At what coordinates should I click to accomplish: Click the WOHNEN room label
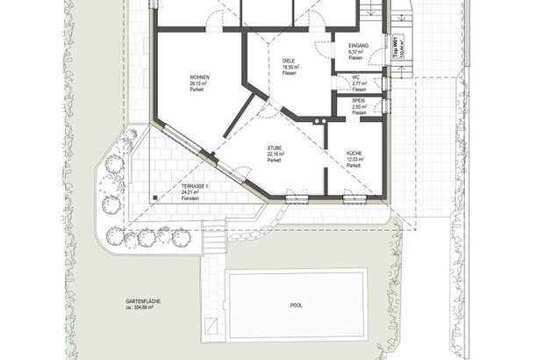coord(199,77)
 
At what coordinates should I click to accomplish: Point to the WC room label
coord(357,76)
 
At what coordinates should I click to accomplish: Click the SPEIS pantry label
coord(359,101)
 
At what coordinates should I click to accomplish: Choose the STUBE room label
coord(276,148)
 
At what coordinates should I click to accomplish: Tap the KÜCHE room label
coord(354,153)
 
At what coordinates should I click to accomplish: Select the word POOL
coord(296,306)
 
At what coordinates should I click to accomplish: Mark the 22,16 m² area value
coord(276,154)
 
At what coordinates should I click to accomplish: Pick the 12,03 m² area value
coord(354,159)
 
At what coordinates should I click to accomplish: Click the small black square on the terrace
coord(155,198)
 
